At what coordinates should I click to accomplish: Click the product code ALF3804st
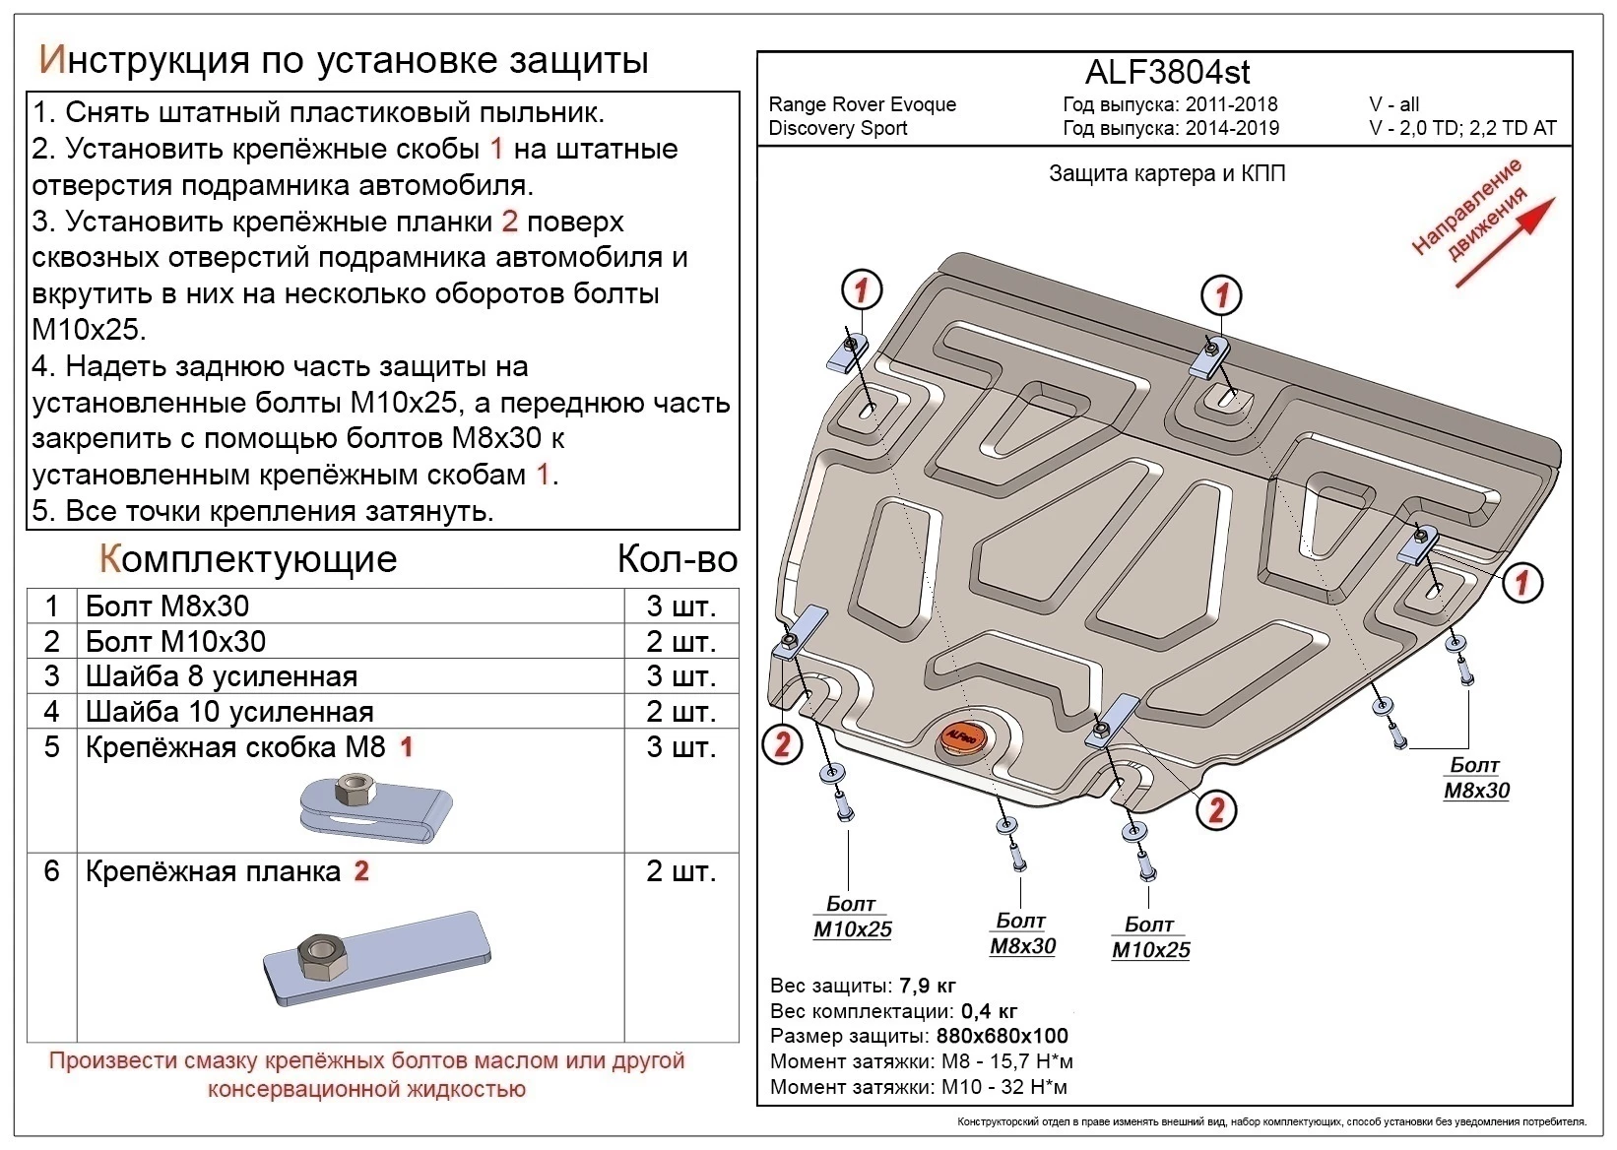(1167, 72)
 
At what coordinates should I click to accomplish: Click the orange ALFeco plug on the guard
(960, 735)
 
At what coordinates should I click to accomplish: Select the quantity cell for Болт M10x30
(680, 642)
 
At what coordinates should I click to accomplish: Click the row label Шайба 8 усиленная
(221, 677)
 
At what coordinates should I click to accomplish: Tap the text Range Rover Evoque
(862, 104)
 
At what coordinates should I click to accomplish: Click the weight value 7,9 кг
(927, 986)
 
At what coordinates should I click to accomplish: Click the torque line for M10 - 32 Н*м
(919, 1087)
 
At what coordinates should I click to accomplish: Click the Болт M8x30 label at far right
(1475, 778)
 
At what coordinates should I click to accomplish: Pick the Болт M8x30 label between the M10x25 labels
(1021, 933)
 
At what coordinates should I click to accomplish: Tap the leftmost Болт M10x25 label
(852, 917)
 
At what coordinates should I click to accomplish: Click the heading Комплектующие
(248, 559)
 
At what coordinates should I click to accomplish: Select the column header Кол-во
(677, 559)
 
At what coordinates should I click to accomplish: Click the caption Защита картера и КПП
(1166, 174)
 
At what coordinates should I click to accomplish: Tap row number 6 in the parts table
(52, 871)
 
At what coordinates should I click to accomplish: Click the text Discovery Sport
(838, 128)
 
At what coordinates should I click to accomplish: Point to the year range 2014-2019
(1232, 128)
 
